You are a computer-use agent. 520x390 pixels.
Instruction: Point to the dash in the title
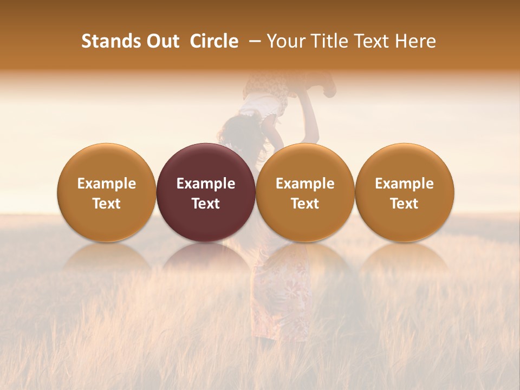[252, 41]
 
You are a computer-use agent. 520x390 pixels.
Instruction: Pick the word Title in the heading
[328, 41]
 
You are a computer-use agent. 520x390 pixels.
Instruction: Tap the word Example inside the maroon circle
[206, 184]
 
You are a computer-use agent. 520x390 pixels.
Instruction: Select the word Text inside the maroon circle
[206, 204]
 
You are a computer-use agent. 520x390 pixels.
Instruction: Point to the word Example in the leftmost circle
[107, 184]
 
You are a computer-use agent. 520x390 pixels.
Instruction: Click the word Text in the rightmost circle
[405, 204]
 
